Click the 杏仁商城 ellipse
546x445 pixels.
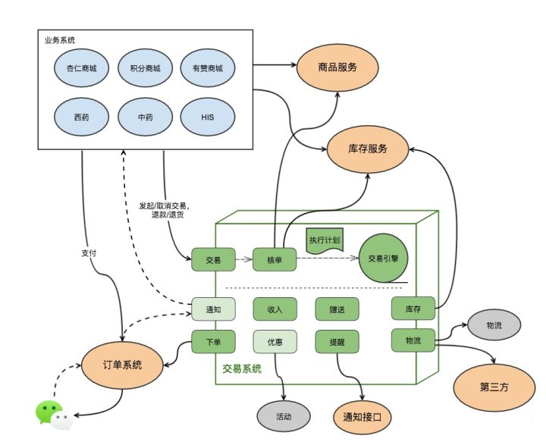[81, 68]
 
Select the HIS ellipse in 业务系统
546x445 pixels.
[208, 117]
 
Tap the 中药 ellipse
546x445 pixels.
[145, 117]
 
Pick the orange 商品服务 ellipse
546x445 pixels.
[337, 67]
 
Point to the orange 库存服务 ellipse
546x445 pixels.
[368, 149]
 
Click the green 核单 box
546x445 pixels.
[275, 259]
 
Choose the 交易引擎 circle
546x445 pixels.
[383, 258]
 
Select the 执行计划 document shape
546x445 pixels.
[325, 240]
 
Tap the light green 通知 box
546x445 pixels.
[213, 309]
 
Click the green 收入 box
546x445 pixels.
[275, 309]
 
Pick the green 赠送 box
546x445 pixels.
[337, 309]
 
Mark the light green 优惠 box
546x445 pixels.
[275, 342]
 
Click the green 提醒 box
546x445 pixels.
[337, 342]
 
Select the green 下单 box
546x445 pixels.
[213, 342]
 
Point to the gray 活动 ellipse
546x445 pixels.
[284, 416]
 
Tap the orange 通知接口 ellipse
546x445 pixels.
[362, 417]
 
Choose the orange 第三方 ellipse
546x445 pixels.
[494, 387]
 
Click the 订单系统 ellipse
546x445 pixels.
[122, 365]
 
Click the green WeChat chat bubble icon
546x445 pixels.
[48, 411]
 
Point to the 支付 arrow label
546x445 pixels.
[89, 253]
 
